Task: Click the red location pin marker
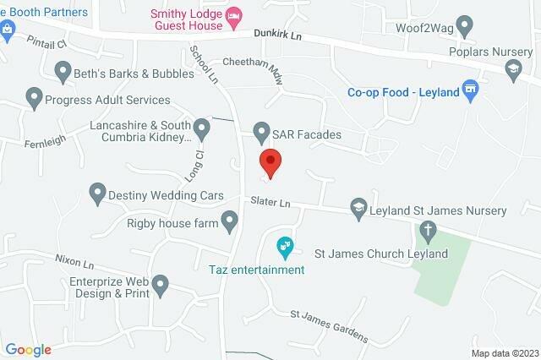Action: click(x=270, y=161)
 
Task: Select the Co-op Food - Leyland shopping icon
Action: click(x=473, y=89)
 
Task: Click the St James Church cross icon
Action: click(x=429, y=230)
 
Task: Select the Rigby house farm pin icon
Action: click(x=229, y=222)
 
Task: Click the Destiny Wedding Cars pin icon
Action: click(x=97, y=194)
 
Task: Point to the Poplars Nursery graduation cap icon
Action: click(x=511, y=68)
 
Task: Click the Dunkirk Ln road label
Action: click(x=279, y=35)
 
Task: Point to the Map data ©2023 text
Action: click(x=504, y=353)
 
